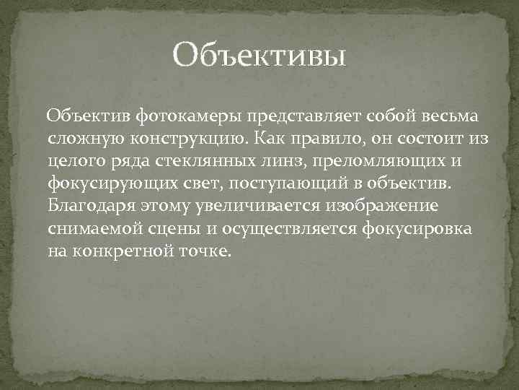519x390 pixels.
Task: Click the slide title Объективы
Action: click(259, 55)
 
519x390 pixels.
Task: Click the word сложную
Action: click(81, 139)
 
